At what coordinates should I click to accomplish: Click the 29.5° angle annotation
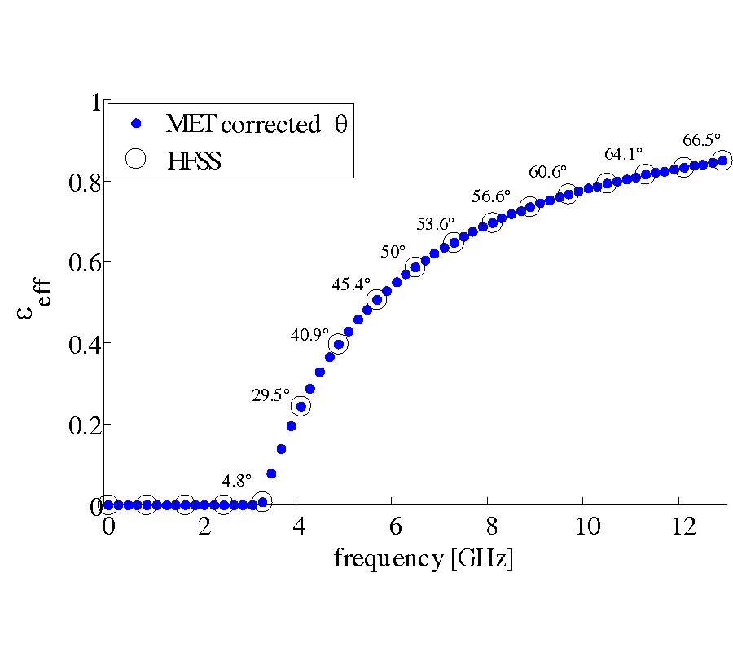coord(270,395)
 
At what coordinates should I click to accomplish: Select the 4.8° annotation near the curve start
coord(237,479)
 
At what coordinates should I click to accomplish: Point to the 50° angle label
coord(393,252)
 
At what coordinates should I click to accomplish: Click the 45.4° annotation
coord(351,284)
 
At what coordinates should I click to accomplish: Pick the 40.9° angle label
coord(309,334)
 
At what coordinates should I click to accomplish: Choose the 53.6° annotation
coord(436,226)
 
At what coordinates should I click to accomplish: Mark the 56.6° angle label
coord(491,196)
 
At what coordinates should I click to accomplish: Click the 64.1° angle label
coord(624,153)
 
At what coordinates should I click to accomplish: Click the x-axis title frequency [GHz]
coord(423,560)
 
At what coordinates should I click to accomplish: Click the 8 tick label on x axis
coord(489,526)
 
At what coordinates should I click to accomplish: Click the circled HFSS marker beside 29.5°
coord(301,407)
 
